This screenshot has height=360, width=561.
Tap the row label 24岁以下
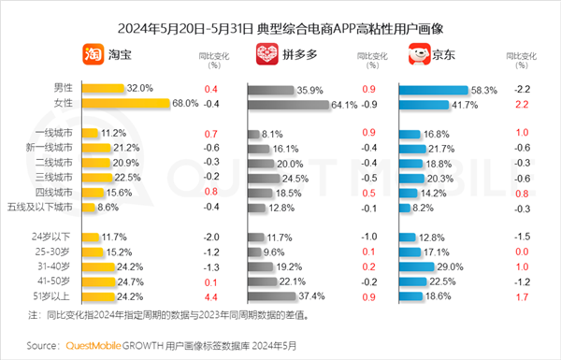(52, 237)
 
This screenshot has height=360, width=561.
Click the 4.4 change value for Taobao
(210, 296)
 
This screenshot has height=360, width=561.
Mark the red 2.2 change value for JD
(522, 104)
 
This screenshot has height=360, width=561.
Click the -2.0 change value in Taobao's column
(210, 237)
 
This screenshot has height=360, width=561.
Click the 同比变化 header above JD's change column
(522, 57)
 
